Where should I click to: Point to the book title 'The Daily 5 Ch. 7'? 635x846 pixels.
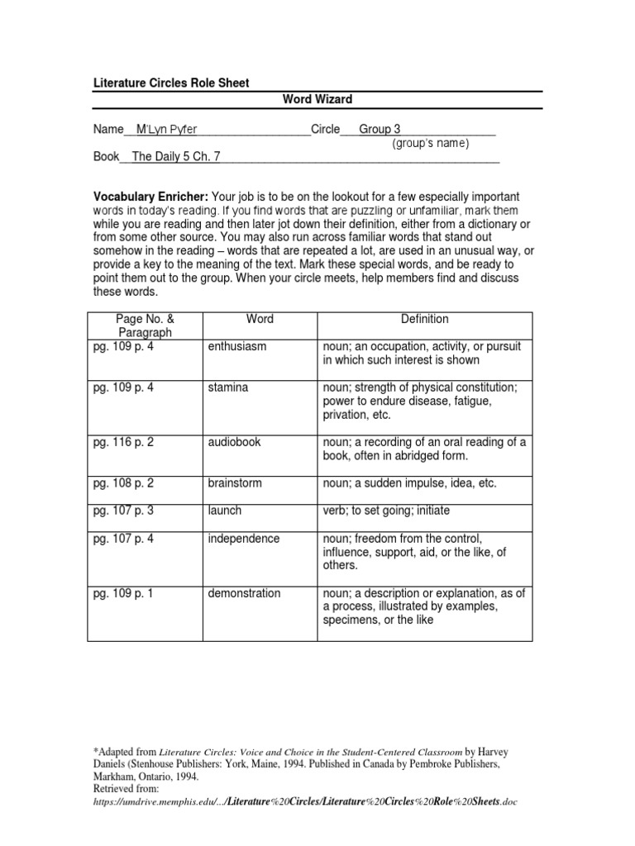pyautogui.click(x=176, y=156)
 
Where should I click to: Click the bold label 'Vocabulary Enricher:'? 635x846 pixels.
pyautogui.click(x=150, y=197)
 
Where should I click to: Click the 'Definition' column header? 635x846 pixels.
pyautogui.click(x=425, y=319)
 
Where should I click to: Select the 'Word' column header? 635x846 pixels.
pyautogui.click(x=260, y=319)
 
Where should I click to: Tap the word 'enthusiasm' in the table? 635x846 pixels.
pyautogui.click(x=237, y=347)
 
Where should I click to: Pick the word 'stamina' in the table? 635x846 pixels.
pyautogui.click(x=227, y=387)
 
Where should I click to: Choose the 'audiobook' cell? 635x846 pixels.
pyautogui.click(x=234, y=442)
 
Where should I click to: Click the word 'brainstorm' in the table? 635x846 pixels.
pyautogui.click(x=235, y=483)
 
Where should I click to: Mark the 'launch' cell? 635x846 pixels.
pyautogui.click(x=225, y=511)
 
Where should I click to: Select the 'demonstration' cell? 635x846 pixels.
pyautogui.click(x=244, y=593)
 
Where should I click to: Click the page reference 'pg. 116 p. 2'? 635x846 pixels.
pyautogui.click(x=123, y=442)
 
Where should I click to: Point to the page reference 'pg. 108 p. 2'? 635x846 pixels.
pyautogui.click(x=123, y=483)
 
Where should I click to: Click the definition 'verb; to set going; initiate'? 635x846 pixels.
pyautogui.click(x=386, y=511)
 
